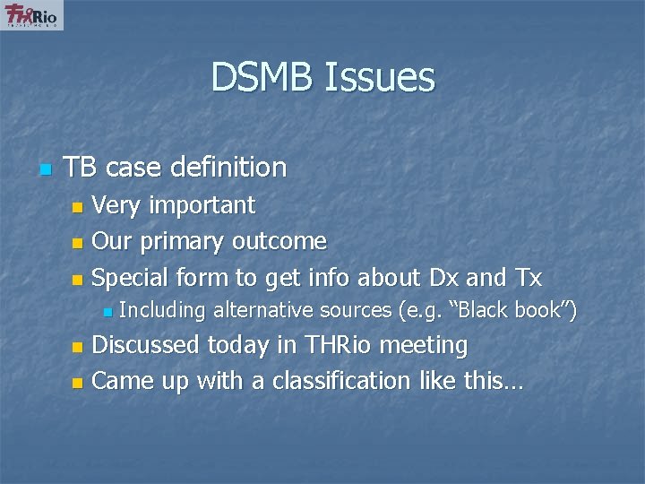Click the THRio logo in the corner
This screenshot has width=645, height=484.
[x=31, y=16]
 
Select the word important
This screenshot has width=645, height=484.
[x=202, y=206]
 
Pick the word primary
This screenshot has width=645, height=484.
[x=185, y=242]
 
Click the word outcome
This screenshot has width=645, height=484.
[x=279, y=241]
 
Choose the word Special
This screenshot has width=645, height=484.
[x=131, y=278]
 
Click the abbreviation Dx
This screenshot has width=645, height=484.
[x=447, y=278]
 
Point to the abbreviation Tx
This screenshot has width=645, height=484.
[x=529, y=278]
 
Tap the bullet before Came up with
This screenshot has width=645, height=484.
[x=78, y=383]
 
